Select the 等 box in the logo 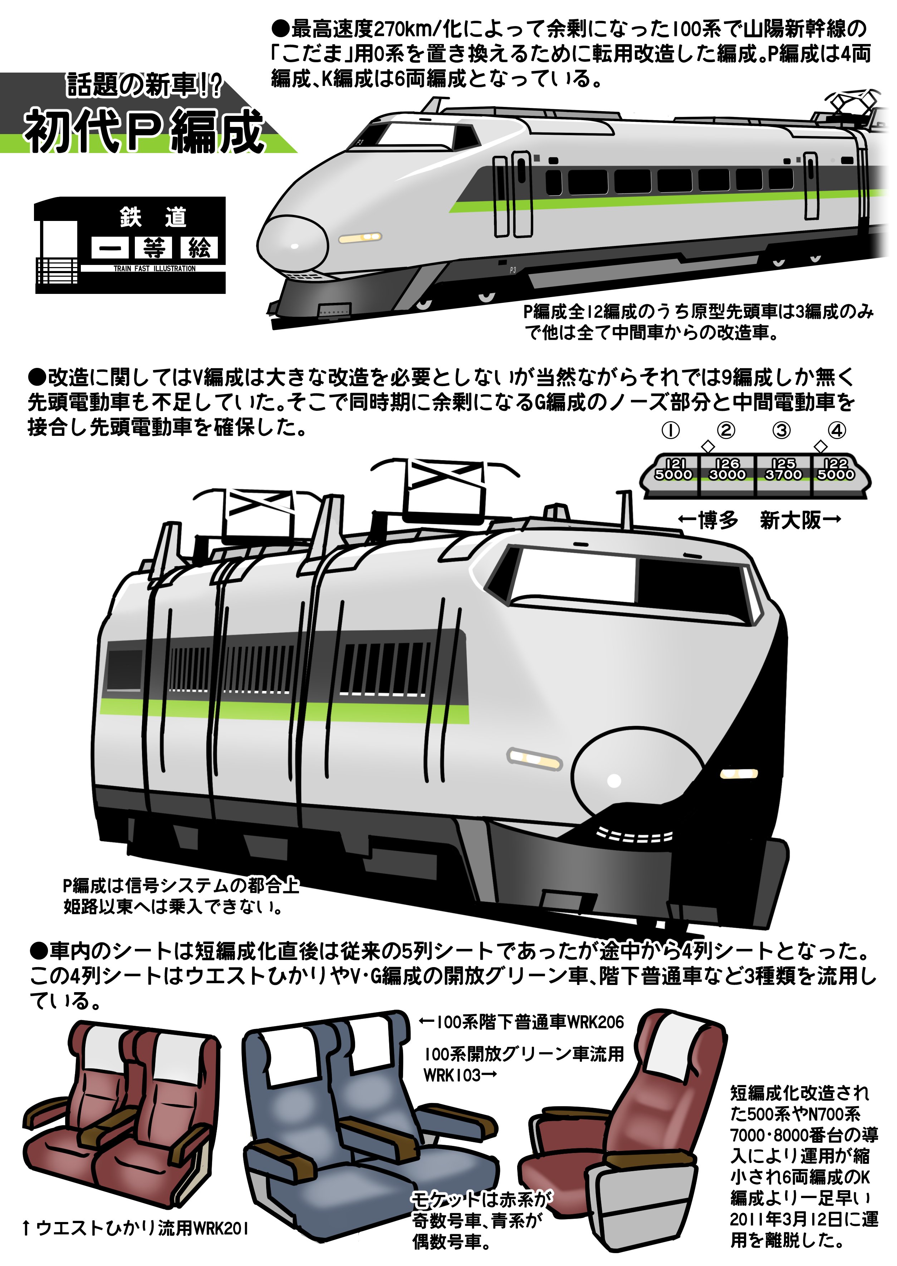154,248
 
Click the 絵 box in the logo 200,248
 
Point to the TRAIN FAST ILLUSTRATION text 155,269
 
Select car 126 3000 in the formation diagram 727,469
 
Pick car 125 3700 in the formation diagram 783,469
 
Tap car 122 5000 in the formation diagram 836,469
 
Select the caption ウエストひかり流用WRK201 135,1228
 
